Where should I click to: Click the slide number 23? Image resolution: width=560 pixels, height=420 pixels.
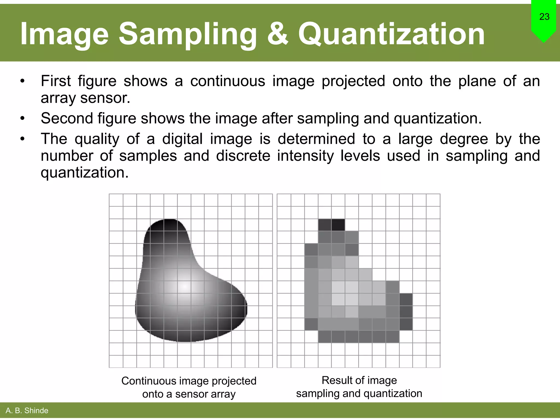544,17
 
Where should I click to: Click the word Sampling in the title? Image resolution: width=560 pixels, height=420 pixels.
188,34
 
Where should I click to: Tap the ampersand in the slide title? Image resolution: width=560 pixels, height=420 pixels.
278,34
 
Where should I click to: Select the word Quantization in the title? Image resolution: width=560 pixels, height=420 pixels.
391,34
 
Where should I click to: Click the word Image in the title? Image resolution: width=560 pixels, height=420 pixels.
65,34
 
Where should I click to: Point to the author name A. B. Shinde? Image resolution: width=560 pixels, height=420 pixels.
27,410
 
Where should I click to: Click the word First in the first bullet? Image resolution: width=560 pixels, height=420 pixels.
56,81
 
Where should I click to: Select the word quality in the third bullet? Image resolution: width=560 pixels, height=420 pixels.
97,139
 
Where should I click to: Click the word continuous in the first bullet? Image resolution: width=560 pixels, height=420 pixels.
227,81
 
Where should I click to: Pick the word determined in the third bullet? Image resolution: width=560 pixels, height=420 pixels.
316,139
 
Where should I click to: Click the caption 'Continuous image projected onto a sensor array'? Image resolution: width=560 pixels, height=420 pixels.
189,387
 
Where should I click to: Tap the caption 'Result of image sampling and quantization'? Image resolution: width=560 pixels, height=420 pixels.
359,387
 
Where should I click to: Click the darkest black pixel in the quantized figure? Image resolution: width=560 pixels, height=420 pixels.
338,225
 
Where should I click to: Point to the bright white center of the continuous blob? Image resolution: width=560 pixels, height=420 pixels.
185,287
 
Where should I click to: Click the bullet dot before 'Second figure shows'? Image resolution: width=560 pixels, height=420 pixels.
22,119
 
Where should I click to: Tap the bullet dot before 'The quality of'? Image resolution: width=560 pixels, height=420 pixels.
22,139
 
